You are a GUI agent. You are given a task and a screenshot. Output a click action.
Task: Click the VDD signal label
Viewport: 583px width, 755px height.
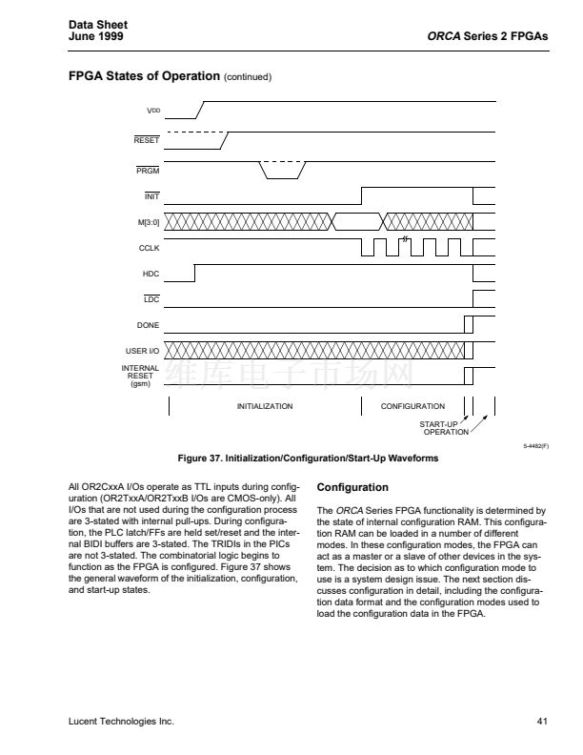point(152,112)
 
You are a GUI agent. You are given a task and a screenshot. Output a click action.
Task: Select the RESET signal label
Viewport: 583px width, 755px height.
point(147,141)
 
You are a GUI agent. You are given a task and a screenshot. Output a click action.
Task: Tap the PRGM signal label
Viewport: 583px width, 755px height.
point(148,171)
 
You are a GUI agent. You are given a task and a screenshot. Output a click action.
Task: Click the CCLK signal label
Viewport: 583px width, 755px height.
point(149,248)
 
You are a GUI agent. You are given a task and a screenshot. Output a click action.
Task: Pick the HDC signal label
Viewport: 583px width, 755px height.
point(151,274)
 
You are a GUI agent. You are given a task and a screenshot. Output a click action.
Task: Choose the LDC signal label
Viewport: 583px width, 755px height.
point(151,299)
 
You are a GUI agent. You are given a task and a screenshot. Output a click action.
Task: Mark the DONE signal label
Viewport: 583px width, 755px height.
point(148,326)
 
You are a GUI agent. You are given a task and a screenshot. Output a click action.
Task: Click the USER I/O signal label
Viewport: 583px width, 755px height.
point(143,352)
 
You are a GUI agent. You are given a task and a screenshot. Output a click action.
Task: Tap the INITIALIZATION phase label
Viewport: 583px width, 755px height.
point(265,406)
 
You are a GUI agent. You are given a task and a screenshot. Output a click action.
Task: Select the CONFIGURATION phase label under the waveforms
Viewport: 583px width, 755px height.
point(412,406)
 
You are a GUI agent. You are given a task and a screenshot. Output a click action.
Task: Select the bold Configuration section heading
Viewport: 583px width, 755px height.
point(352,488)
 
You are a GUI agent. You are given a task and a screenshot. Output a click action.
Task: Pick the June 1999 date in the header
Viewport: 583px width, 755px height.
point(96,36)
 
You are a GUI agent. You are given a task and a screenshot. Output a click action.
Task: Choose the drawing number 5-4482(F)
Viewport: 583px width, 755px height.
point(535,445)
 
